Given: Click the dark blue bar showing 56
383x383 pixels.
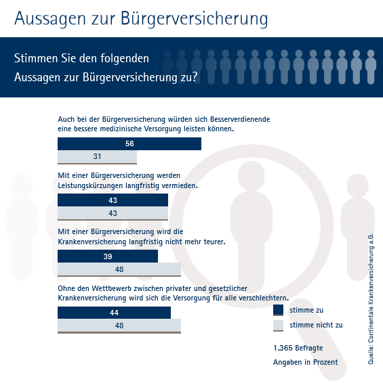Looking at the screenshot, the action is click(129, 143).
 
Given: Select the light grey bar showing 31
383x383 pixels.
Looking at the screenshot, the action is click(97, 157).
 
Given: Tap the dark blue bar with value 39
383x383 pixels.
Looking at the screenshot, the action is click(108, 256).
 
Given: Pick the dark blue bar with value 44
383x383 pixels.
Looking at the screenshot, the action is click(115, 313).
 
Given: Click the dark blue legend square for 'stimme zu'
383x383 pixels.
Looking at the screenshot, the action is click(278, 310).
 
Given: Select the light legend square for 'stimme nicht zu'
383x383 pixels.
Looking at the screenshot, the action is click(278, 325).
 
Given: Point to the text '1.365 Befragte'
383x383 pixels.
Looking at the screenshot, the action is click(298, 348).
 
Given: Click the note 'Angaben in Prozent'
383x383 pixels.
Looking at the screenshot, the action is click(306, 362).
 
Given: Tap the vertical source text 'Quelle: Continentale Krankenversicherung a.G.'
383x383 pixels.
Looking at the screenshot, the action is click(371, 299).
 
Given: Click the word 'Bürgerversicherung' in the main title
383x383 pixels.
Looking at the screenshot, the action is click(195, 19).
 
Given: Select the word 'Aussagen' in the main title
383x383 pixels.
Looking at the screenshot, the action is click(50, 19).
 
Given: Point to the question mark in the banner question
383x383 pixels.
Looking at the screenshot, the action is click(194, 76).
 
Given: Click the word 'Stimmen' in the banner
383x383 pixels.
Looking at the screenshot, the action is click(36, 58).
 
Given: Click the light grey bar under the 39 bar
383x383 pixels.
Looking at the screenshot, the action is click(119, 269).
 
